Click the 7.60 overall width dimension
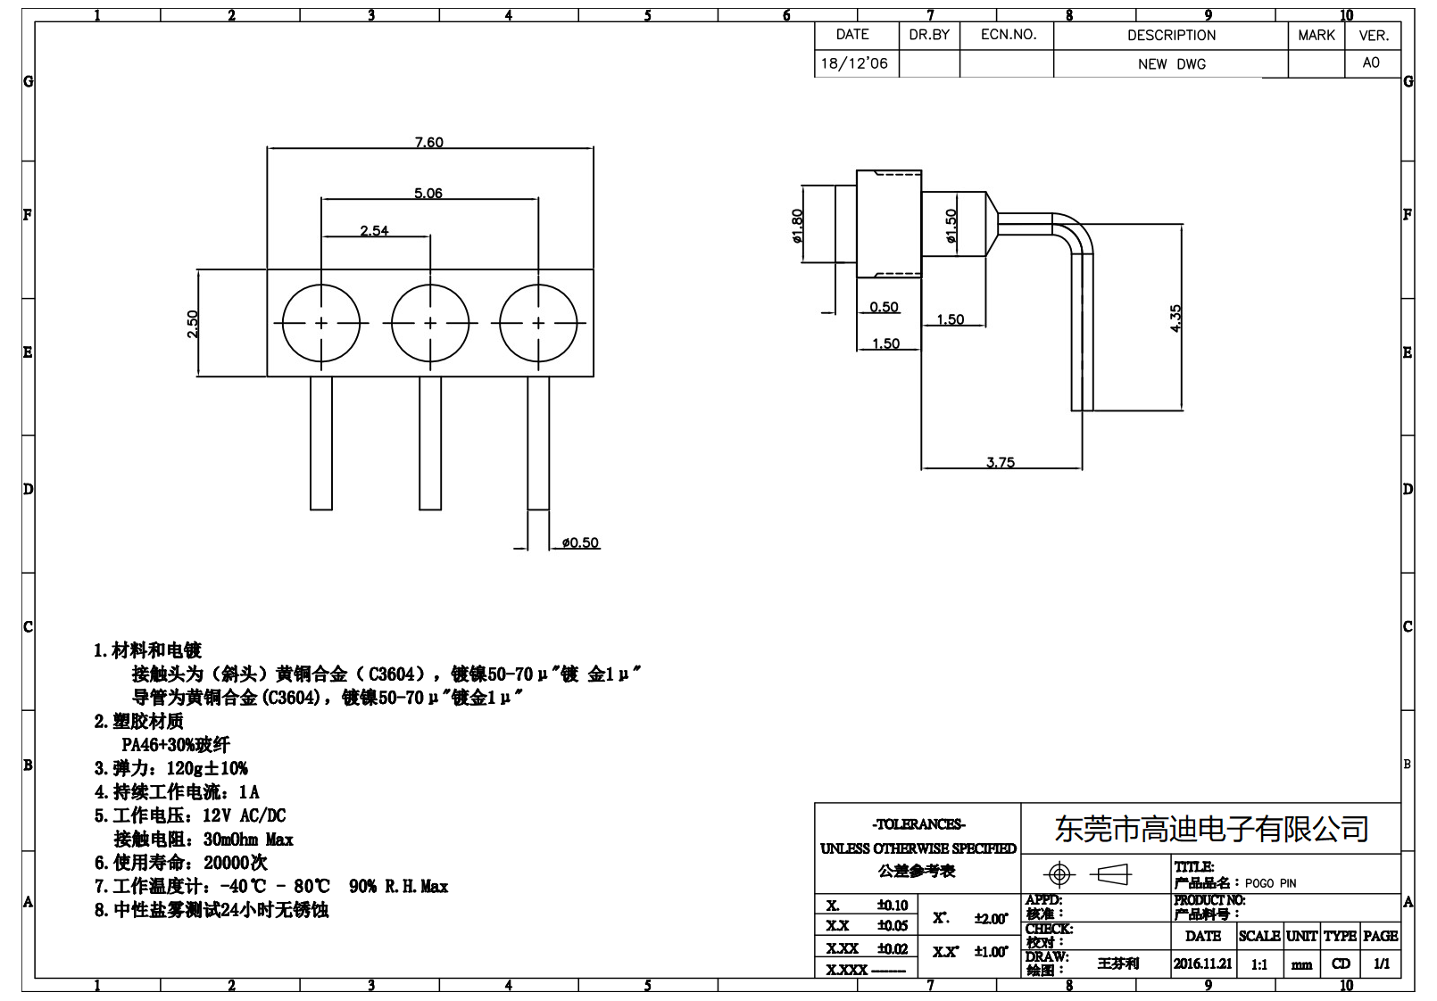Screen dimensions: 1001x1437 point(428,142)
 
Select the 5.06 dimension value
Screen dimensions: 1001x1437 point(428,193)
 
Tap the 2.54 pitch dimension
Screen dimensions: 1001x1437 point(374,230)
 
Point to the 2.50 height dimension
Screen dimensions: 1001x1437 point(193,323)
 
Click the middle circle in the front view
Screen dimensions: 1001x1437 point(430,323)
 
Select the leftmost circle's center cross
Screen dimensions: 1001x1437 point(321,323)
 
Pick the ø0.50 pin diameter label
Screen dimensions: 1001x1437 point(580,542)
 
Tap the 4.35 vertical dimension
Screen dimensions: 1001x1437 point(1175,318)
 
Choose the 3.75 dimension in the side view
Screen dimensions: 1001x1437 point(1000,462)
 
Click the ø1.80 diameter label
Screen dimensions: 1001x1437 point(797,226)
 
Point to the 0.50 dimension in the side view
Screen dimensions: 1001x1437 point(884,307)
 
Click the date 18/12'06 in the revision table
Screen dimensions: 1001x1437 point(854,63)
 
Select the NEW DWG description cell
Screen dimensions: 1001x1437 point(1171,64)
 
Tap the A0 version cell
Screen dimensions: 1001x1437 point(1371,62)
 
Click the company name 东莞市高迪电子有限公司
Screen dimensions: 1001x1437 point(1211,829)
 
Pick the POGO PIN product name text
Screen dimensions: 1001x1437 point(1270,883)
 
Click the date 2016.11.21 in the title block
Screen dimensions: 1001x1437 point(1202,964)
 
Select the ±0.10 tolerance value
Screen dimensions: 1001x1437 point(892,906)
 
